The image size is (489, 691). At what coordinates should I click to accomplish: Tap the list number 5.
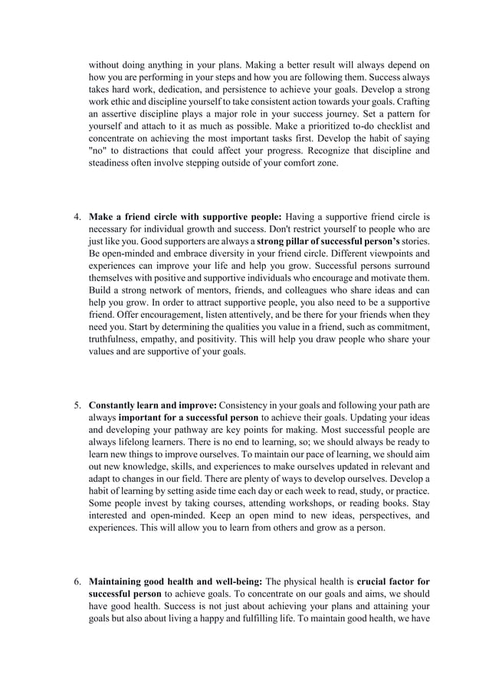(x=77, y=405)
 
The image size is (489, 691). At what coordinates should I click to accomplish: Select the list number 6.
(x=77, y=581)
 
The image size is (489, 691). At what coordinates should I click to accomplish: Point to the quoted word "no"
(x=98, y=150)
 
